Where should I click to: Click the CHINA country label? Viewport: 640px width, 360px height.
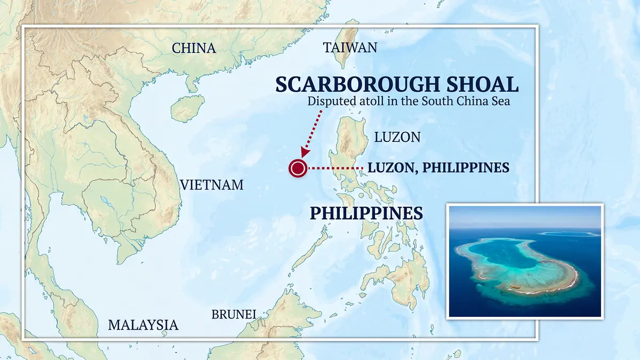click(194, 49)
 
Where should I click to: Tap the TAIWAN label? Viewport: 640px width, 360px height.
click(350, 48)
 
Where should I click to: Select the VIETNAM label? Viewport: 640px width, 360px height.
click(212, 185)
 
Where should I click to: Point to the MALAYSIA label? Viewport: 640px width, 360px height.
click(143, 325)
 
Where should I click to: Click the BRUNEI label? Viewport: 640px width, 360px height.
click(234, 314)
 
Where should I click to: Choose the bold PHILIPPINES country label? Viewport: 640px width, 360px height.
click(366, 213)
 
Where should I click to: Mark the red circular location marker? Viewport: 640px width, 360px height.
click(298, 169)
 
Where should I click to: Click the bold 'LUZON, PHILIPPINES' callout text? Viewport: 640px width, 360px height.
click(438, 168)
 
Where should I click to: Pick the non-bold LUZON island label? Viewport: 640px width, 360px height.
click(397, 137)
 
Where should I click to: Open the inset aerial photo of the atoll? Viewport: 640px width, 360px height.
click(525, 261)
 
